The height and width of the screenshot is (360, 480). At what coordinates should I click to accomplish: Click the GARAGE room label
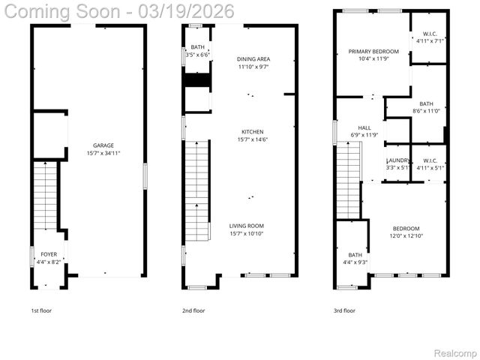103,145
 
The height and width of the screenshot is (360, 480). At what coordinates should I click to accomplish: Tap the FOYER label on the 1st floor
49,255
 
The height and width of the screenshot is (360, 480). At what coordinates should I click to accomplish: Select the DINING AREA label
253,58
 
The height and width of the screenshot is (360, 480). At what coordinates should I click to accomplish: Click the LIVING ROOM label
247,226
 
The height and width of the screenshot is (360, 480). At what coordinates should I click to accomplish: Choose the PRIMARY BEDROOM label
373,51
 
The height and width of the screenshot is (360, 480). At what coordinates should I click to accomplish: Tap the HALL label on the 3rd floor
364,127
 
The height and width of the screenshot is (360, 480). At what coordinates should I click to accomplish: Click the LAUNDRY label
397,160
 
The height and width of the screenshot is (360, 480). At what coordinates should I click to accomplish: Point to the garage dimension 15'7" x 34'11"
103,153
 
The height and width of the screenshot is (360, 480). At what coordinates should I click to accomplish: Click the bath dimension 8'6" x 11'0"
427,111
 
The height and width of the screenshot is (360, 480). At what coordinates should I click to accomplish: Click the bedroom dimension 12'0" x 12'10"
406,235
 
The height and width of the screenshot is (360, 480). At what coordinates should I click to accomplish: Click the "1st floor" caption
41,310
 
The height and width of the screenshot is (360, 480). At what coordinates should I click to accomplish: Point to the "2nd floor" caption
193,310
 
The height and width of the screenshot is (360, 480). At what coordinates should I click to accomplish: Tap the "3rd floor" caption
345,310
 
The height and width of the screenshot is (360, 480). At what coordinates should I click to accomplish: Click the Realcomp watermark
457,352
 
